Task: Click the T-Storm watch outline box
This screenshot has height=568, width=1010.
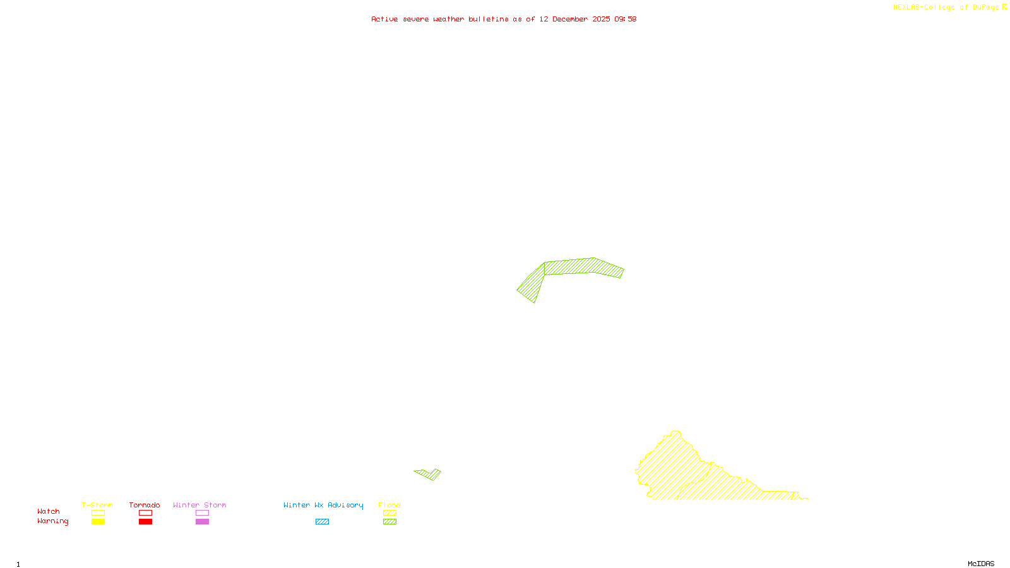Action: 98,513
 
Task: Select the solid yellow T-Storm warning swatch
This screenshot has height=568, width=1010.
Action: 98,522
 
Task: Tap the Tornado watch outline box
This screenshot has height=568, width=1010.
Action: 145,513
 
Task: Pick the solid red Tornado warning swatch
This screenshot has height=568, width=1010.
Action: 145,522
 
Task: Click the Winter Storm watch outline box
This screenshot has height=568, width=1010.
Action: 202,513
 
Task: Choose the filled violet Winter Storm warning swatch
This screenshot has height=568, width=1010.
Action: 202,522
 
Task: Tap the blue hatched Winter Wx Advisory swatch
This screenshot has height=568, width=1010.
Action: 322,522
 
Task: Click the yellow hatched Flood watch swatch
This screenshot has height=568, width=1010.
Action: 389,513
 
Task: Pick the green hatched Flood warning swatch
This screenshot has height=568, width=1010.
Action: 389,522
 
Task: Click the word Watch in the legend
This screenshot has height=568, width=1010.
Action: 49,512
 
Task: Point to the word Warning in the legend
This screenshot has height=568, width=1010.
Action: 53,521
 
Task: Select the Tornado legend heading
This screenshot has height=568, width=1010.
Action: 145,505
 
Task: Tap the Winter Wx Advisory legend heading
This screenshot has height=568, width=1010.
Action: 323,505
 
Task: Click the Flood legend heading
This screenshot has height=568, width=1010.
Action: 389,505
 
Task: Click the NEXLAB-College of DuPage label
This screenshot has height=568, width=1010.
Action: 946,8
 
